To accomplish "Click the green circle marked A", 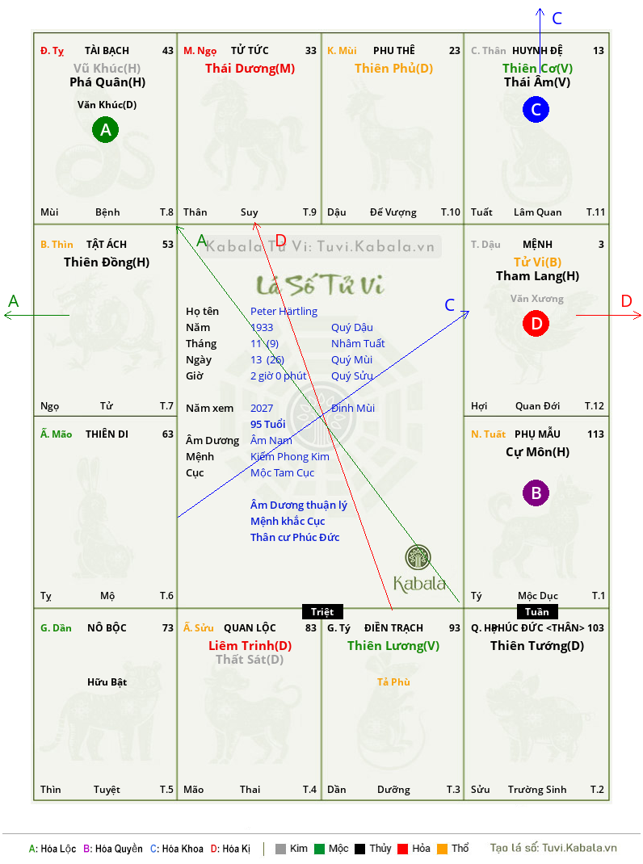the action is (x=105, y=129).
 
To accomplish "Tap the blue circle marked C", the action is (x=536, y=109).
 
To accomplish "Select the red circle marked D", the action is (x=536, y=323).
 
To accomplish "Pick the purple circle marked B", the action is (x=536, y=493).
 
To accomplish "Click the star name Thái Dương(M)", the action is (x=250, y=69).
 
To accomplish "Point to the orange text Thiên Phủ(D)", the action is (x=393, y=69).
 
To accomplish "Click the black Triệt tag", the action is (x=322, y=611).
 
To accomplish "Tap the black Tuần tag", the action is (x=537, y=611).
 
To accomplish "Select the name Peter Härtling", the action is (x=284, y=312).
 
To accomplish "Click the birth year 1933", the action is (x=262, y=327).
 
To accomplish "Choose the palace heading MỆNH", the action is (x=538, y=244).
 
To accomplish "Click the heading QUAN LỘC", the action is (x=250, y=627).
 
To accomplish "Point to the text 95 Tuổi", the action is (x=268, y=424).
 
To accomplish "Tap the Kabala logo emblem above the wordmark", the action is (x=418, y=557).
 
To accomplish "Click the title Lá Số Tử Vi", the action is (x=320, y=285).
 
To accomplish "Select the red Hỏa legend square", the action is (x=402, y=849).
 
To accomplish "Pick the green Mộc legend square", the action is (x=319, y=849).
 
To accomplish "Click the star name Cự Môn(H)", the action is (x=538, y=452).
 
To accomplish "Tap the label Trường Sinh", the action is (x=537, y=790).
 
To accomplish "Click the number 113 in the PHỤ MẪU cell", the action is (x=595, y=434).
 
